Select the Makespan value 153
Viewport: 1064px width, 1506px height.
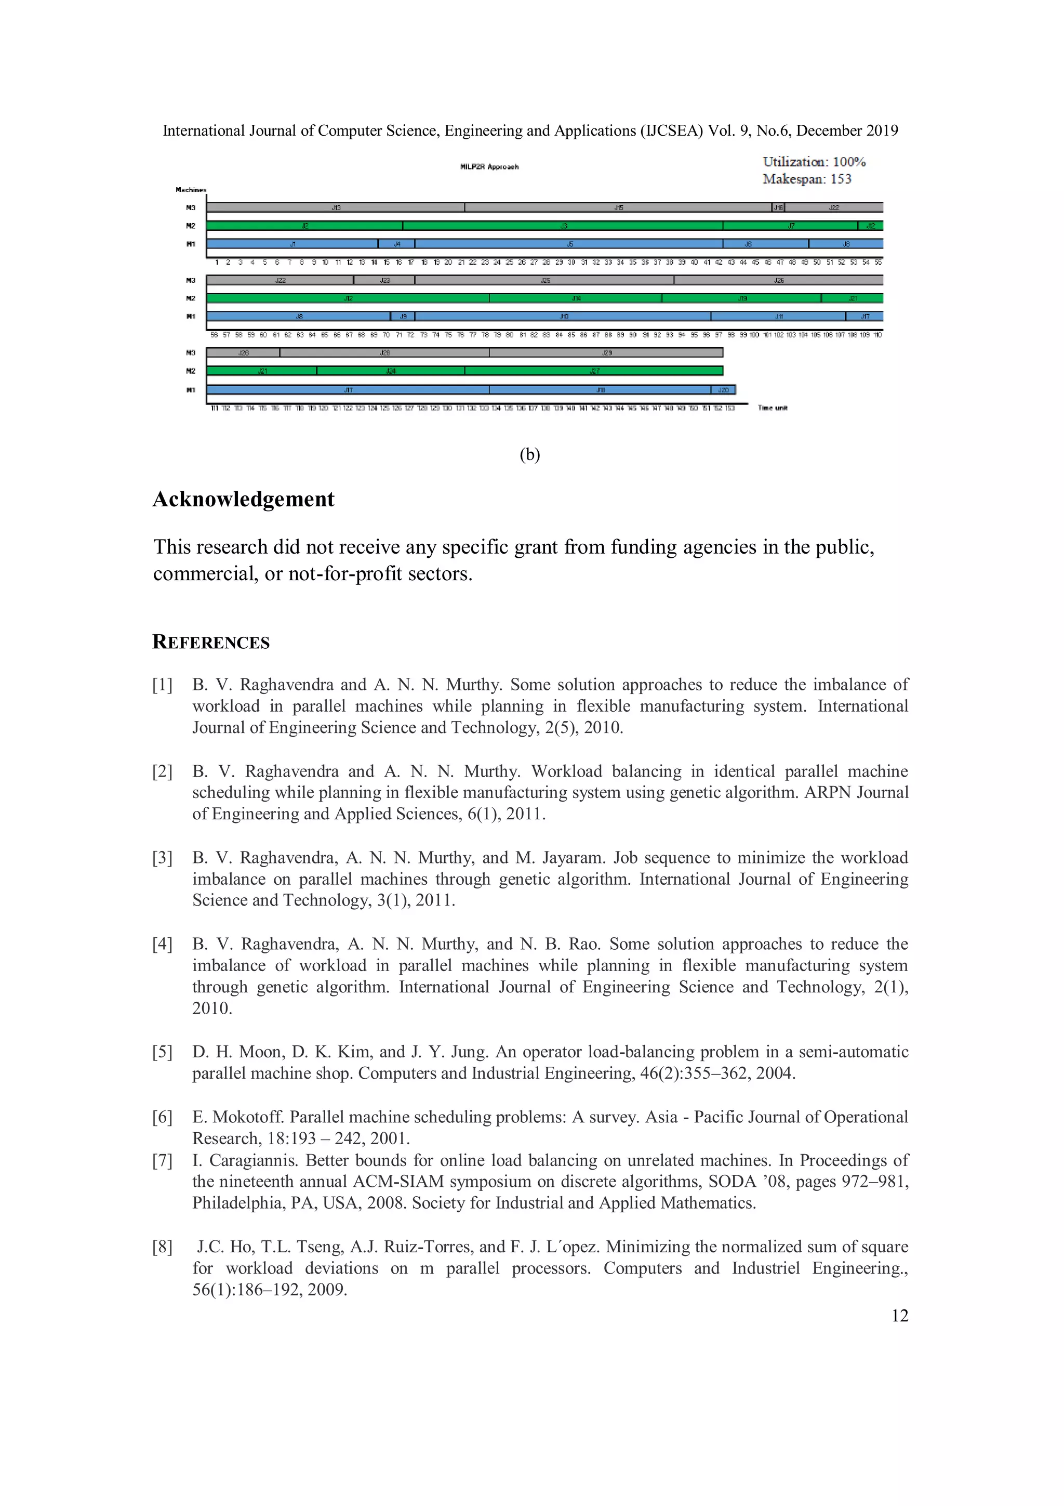coord(841,179)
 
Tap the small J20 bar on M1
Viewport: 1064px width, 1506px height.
coord(723,389)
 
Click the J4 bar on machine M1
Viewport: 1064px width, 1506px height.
coord(396,244)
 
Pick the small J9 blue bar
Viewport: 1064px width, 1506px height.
coord(403,316)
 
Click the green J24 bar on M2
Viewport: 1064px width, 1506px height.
coord(391,371)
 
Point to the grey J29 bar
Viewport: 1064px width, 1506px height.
coord(606,353)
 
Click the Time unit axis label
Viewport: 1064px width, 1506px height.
coord(772,408)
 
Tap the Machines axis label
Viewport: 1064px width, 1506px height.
coord(191,190)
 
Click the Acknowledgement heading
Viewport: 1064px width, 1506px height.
coord(243,499)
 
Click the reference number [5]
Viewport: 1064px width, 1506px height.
coord(162,1052)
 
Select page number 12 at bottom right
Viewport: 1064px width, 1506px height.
coord(899,1316)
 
